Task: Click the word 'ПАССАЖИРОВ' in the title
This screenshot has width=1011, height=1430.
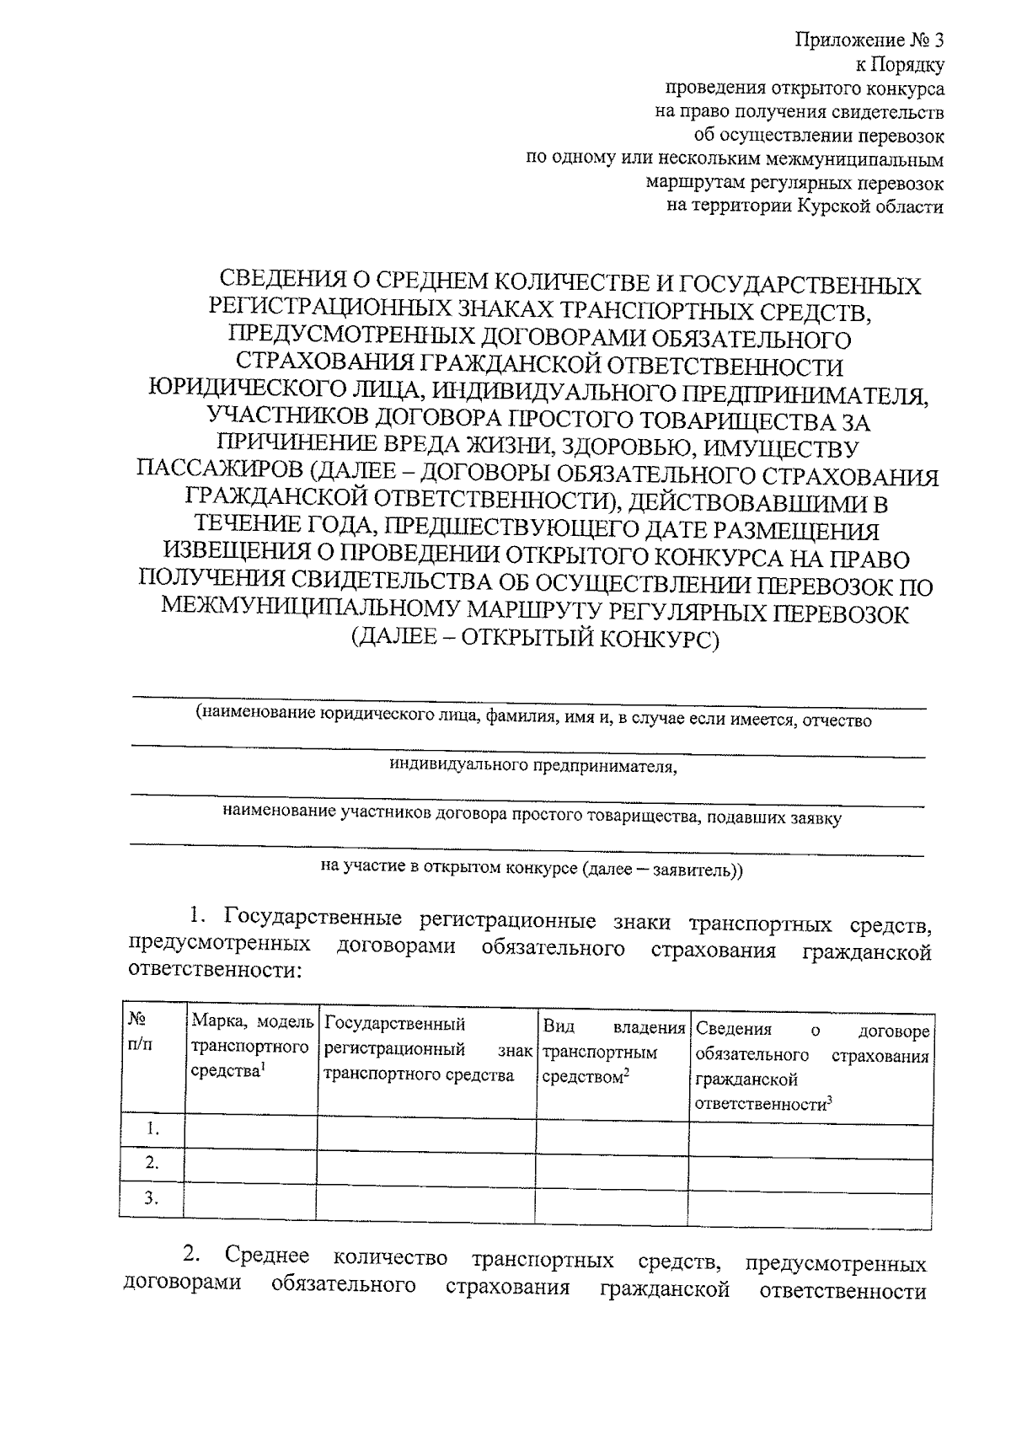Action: point(217,475)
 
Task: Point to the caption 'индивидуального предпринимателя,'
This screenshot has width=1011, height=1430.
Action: point(532,767)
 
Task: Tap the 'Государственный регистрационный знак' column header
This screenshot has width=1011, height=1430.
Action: point(426,1050)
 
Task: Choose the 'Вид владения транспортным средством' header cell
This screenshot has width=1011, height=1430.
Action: point(612,1052)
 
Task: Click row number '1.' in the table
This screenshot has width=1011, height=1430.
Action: point(152,1129)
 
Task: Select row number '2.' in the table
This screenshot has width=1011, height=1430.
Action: point(152,1164)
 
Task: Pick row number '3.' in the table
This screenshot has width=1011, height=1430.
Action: point(152,1199)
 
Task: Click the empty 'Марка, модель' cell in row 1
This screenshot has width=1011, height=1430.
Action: point(251,1129)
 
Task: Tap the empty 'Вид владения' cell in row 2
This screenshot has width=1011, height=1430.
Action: point(612,1164)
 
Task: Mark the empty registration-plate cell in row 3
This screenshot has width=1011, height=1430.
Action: point(426,1199)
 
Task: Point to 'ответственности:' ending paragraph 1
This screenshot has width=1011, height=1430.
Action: point(214,970)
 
